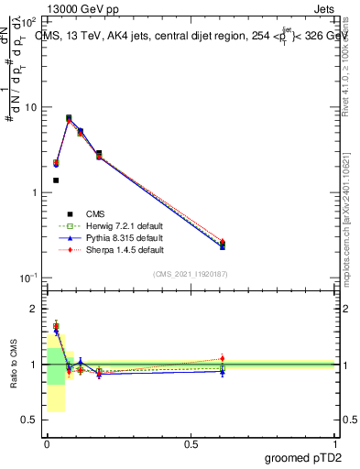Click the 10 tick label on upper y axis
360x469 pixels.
[x=31, y=107]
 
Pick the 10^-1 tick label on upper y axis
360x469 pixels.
[x=29, y=278]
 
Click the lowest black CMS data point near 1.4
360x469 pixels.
[x=56, y=180]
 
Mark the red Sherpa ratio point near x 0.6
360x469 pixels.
[x=223, y=358]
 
